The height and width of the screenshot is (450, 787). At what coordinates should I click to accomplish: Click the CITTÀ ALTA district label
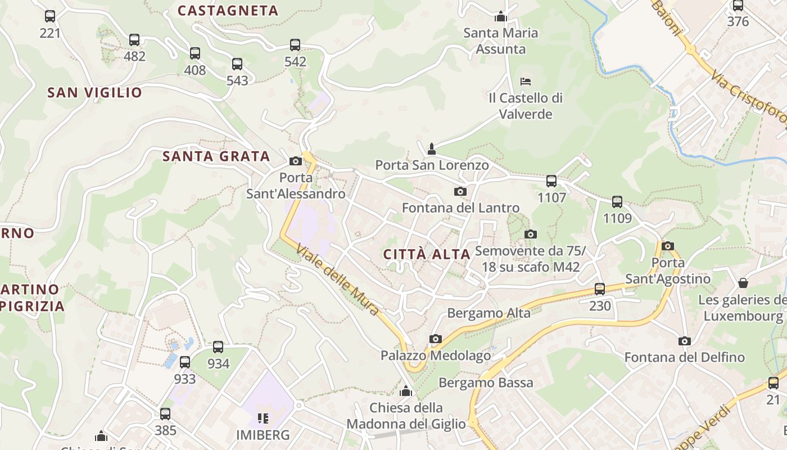(x=427, y=254)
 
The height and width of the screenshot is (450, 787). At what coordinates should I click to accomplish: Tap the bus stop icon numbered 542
(x=295, y=45)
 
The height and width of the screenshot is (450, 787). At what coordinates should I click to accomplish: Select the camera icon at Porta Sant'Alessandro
(x=295, y=161)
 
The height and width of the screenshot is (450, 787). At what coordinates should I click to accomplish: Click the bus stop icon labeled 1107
(x=551, y=181)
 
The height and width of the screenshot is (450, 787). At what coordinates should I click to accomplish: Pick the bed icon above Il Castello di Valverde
(x=526, y=82)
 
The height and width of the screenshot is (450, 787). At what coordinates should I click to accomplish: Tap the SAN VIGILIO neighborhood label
(x=94, y=93)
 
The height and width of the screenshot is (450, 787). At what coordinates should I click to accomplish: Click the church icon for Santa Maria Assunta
(x=501, y=16)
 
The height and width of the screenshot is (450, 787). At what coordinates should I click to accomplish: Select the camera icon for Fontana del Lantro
(x=460, y=192)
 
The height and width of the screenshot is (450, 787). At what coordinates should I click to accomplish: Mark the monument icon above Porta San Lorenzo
(x=432, y=148)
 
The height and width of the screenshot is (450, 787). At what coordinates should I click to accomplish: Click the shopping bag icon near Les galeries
(x=743, y=282)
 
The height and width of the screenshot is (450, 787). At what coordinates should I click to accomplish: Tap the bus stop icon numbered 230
(x=600, y=289)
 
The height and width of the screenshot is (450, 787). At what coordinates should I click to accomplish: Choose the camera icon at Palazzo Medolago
(x=435, y=339)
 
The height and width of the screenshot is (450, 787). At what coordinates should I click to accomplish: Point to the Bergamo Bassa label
(x=486, y=383)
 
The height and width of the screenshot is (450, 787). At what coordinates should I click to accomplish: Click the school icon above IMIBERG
(x=263, y=418)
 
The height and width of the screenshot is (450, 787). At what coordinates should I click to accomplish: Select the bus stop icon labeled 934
(x=218, y=347)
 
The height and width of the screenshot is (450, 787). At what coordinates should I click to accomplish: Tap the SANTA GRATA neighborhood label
(x=216, y=156)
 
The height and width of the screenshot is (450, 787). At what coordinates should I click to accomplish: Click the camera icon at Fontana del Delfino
(x=684, y=341)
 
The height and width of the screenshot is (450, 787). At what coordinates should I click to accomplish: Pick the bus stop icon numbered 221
(x=50, y=16)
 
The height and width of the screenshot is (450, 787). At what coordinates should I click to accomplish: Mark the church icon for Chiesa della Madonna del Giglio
(x=406, y=391)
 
